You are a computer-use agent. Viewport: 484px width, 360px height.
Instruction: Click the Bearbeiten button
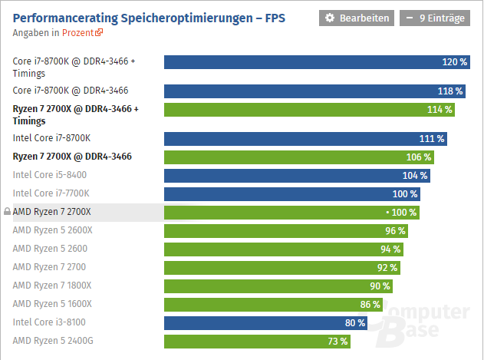click(356, 18)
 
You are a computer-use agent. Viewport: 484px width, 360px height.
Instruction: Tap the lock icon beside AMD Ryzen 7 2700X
click(8, 212)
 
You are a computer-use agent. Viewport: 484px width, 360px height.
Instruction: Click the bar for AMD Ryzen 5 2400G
click(257, 341)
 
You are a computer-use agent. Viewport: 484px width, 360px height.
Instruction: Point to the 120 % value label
click(455, 61)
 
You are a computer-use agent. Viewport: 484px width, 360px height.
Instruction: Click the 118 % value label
click(449, 91)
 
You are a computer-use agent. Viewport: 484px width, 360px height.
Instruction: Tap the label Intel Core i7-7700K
click(51, 193)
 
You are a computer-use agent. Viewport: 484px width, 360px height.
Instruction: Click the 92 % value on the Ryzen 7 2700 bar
click(387, 267)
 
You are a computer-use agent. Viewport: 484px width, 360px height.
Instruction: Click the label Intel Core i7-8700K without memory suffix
click(51, 138)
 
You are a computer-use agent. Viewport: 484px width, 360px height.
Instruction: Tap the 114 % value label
click(440, 109)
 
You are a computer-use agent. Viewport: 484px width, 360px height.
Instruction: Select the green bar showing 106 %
click(298, 157)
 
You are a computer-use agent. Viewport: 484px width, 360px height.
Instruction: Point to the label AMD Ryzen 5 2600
click(50, 249)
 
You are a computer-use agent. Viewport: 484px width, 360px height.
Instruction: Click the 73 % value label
click(338, 341)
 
